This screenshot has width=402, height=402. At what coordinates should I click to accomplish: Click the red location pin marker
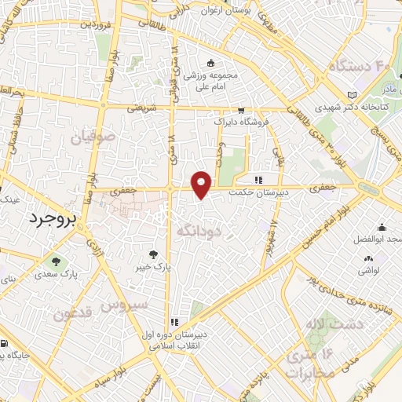point(203,185)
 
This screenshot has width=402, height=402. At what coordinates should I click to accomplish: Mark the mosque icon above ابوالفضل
point(382,227)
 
